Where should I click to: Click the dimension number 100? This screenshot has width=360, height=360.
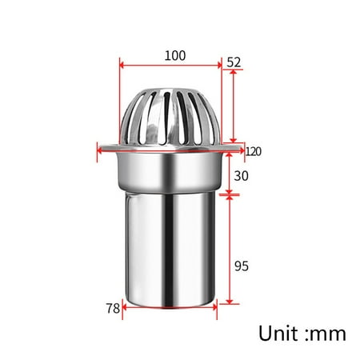tap(174, 55)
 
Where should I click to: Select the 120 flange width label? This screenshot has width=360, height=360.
tap(254, 151)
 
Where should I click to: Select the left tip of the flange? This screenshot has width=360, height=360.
tap(98, 148)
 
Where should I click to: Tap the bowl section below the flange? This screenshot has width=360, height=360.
tap(170, 171)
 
